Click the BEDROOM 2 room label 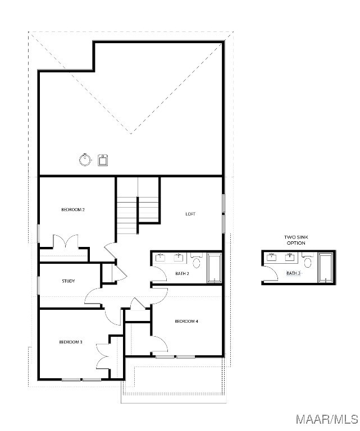click(73, 209)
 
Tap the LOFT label click(190, 214)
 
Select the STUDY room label click(69, 281)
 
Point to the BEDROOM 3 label click(71, 342)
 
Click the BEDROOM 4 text click(186, 321)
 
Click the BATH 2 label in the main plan click(182, 273)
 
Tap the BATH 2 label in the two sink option click(293, 273)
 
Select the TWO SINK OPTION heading click(296, 240)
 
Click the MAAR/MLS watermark click(327, 419)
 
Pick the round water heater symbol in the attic click(85, 160)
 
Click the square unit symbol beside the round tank click(103, 161)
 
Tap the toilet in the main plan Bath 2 click(197, 261)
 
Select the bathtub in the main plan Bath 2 click(214, 268)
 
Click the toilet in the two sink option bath click(307, 260)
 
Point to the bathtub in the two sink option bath click(326, 268)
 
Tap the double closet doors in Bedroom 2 click(66, 241)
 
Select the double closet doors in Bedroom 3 click(103, 356)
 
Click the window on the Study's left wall click(38, 285)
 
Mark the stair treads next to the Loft click(138, 209)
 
